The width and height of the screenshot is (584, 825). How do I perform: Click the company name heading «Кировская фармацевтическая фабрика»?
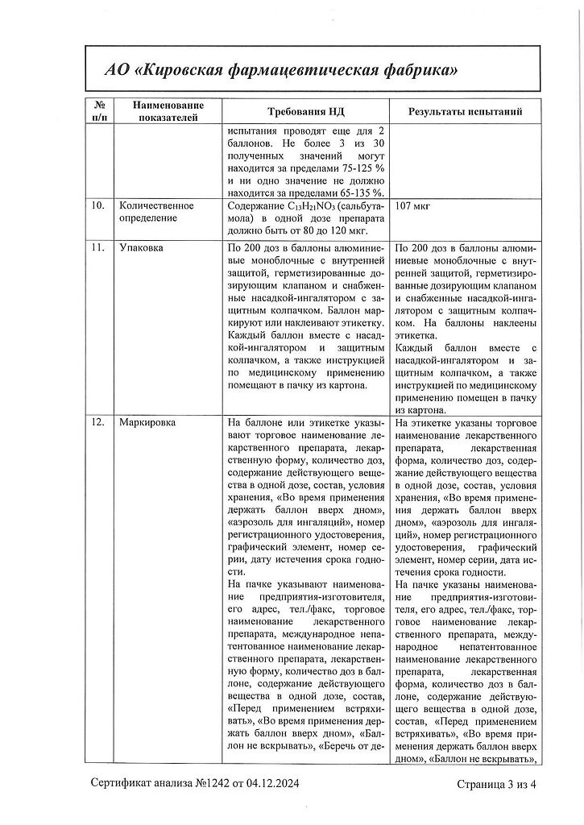pyautogui.click(x=297, y=70)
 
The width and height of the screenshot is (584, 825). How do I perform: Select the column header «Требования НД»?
pyautogui.click(x=305, y=111)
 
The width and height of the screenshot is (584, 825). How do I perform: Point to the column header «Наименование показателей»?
pyautogui.click(x=168, y=111)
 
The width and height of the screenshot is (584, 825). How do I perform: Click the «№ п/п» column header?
pyautogui.click(x=100, y=111)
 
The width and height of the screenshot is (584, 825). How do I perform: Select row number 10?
pyautogui.click(x=97, y=206)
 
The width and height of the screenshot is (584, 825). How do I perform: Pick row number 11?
pyautogui.click(x=97, y=248)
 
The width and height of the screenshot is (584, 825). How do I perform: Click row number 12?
pyautogui.click(x=97, y=422)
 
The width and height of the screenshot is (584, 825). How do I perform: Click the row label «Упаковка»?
pyautogui.click(x=140, y=248)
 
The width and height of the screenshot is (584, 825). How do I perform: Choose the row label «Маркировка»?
pyautogui.click(x=147, y=422)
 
